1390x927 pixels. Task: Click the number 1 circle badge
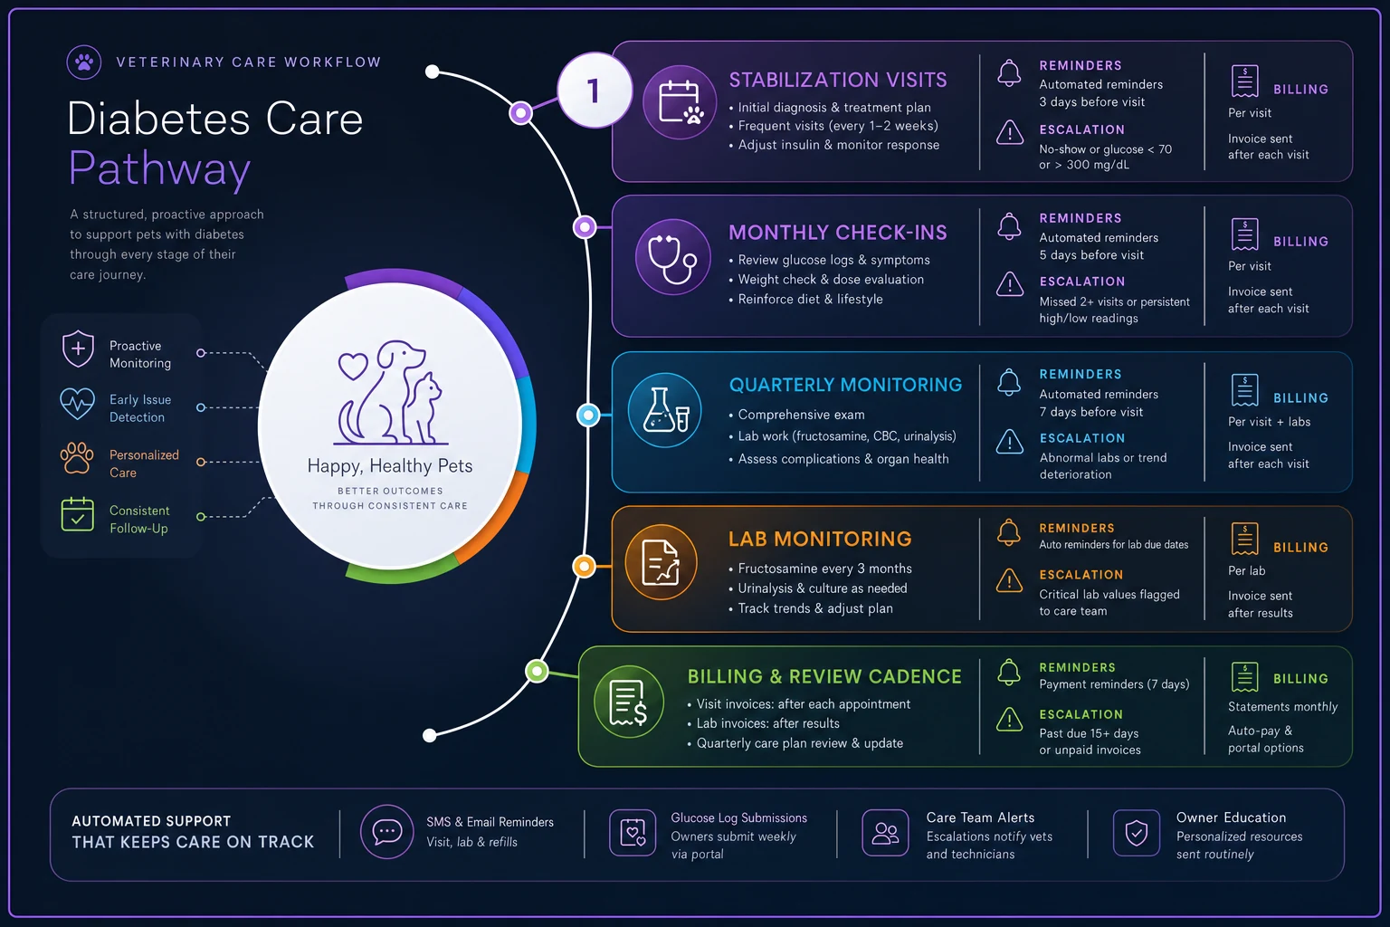(x=595, y=91)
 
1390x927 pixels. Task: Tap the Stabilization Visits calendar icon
(x=681, y=101)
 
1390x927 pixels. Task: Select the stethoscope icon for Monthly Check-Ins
(x=672, y=256)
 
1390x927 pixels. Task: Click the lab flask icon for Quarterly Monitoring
(x=664, y=410)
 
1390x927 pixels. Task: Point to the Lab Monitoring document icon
(x=661, y=562)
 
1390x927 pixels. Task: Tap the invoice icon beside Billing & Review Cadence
(x=629, y=702)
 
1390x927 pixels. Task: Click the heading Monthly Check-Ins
(x=838, y=233)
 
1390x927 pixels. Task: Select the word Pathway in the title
(x=159, y=167)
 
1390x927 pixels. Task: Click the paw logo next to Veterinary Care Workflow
(x=84, y=62)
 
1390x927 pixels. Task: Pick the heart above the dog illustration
(x=353, y=366)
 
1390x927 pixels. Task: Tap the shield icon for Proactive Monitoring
(x=78, y=349)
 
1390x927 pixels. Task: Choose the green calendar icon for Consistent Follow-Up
(x=78, y=515)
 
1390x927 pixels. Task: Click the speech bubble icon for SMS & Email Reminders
(x=386, y=831)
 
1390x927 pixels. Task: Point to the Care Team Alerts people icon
(x=885, y=833)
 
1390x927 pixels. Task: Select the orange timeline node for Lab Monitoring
(x=584, y=567)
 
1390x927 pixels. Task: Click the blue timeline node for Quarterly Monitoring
(x=588, y=415)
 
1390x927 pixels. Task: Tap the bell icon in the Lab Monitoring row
(x=1009, y=532)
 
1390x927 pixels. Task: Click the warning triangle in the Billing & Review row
(x=1010, y=719)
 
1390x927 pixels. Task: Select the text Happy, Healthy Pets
(x=390, y=465)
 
